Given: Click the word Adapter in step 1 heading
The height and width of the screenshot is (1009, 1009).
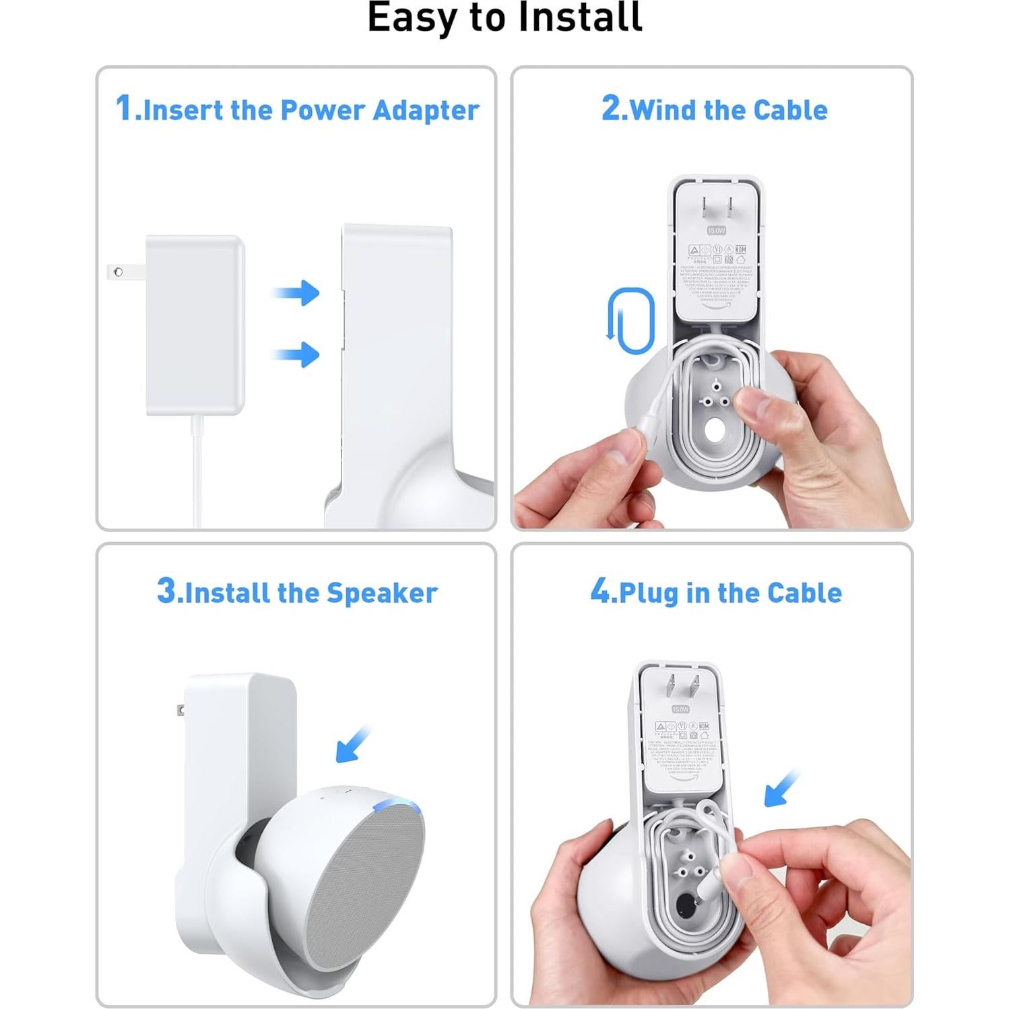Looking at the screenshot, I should pos(426,110).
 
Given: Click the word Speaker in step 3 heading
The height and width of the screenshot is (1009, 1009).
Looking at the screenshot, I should pos(382,593).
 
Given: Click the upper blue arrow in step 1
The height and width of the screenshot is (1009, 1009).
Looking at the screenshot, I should pos(297,292).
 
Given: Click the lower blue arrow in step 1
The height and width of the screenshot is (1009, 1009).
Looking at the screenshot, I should pos(297,354).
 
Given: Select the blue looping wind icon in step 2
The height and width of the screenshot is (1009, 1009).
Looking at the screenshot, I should pos(631,321).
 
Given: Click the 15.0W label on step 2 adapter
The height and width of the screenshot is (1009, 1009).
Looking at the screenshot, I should pos(716,230).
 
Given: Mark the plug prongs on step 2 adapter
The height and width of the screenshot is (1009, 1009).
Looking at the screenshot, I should pos(715,208).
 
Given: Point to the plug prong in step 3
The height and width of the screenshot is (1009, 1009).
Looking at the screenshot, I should pos(181,710).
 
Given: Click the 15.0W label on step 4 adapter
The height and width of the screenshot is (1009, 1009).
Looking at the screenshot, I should pos(680,709).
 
